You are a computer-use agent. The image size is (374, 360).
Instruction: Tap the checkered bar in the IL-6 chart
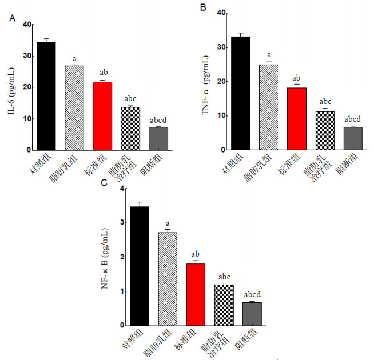click(x=131, y=128)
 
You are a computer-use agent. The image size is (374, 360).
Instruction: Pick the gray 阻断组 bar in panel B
click(x=352, y=138)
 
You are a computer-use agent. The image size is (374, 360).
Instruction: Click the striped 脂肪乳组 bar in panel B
click(x=268, y=107)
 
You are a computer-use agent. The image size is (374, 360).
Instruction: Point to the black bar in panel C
click(x=140, y=266)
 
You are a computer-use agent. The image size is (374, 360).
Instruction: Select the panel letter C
click(x=104, y=183)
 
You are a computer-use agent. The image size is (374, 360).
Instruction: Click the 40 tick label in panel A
click(x=26, y=24)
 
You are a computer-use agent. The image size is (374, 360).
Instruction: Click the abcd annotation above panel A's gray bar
click(x=158, y=120)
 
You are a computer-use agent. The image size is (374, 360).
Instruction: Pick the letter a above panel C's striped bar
click(x=168, y=223)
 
